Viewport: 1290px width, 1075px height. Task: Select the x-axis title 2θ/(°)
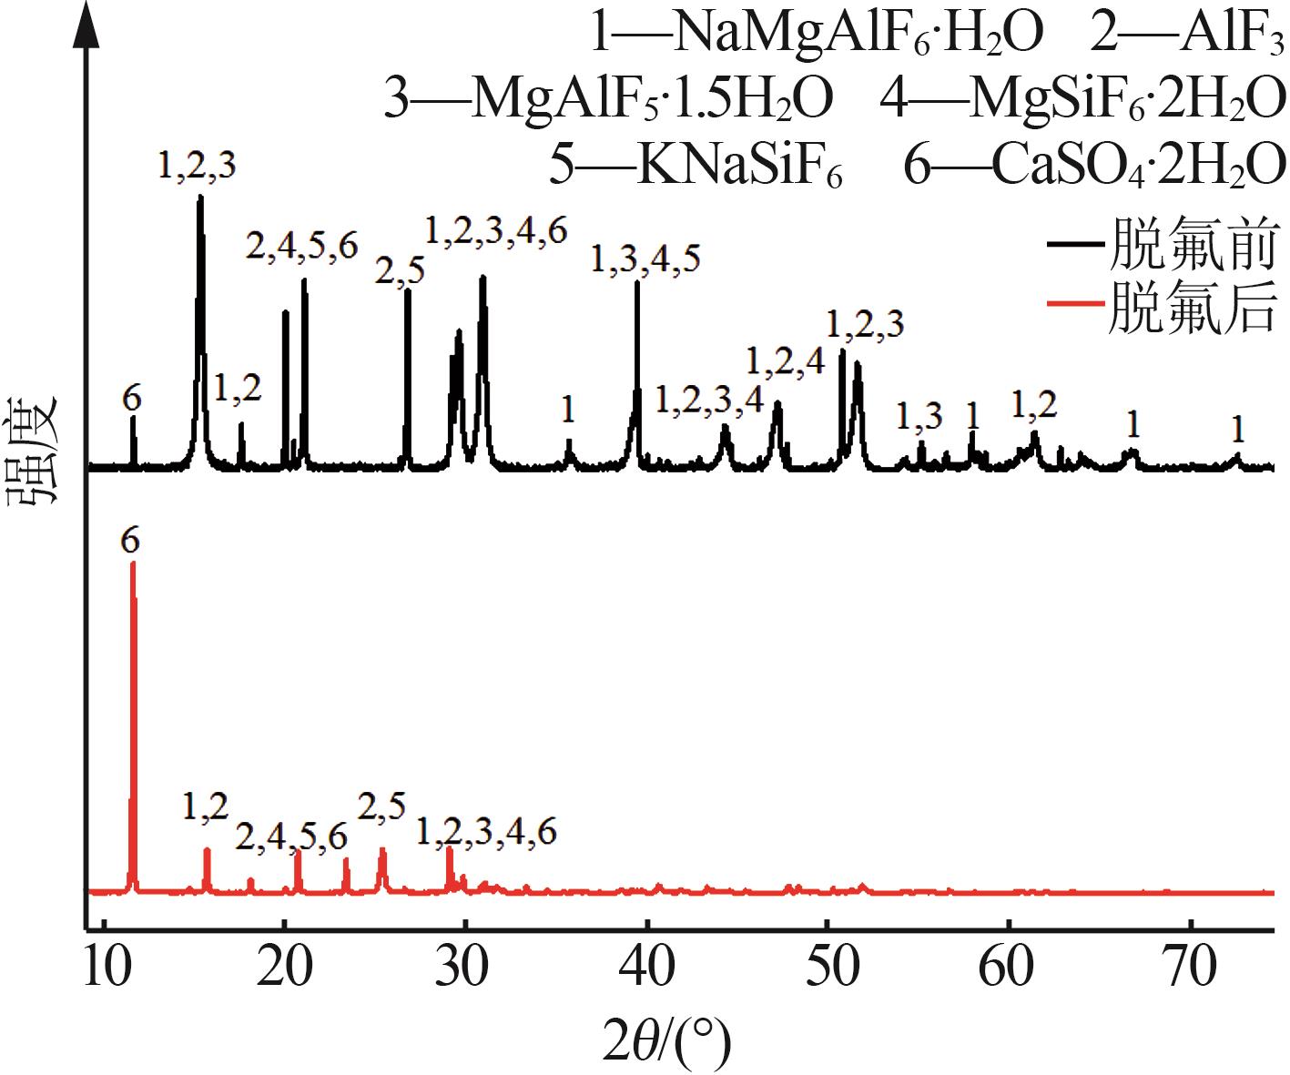(667, 1040)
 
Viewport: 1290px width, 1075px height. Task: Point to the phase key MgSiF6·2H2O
(1083, 98)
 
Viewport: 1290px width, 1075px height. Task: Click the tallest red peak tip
(133, 564)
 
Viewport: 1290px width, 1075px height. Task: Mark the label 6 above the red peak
(130, 541)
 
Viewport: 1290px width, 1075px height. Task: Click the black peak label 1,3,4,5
(645, 259)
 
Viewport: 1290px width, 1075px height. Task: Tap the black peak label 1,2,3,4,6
(496, 230)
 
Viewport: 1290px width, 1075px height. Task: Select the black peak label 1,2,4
(785, 361)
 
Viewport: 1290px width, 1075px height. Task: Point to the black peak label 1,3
(919, 416)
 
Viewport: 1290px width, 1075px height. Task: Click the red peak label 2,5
(381, 806)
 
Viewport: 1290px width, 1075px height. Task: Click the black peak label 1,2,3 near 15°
(197, 165)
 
